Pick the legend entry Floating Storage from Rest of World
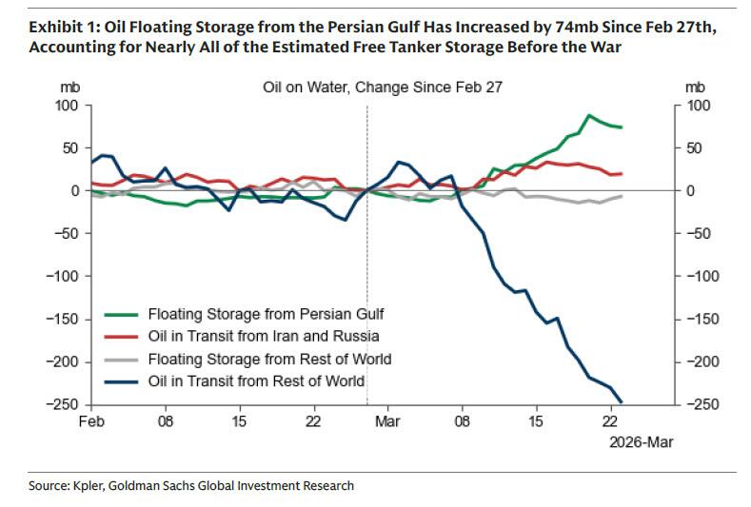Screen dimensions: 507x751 [x=269, y=359]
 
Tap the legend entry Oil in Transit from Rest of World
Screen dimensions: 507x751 [x=257, y=381]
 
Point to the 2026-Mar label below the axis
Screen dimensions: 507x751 [x=633, y=441]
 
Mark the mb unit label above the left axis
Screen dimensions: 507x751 [x=69, y=87]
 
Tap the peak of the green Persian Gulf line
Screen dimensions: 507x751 [x=589, y=115]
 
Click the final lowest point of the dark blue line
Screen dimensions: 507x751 [x=622, y=402]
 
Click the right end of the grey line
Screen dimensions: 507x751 [x=622, y=196]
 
